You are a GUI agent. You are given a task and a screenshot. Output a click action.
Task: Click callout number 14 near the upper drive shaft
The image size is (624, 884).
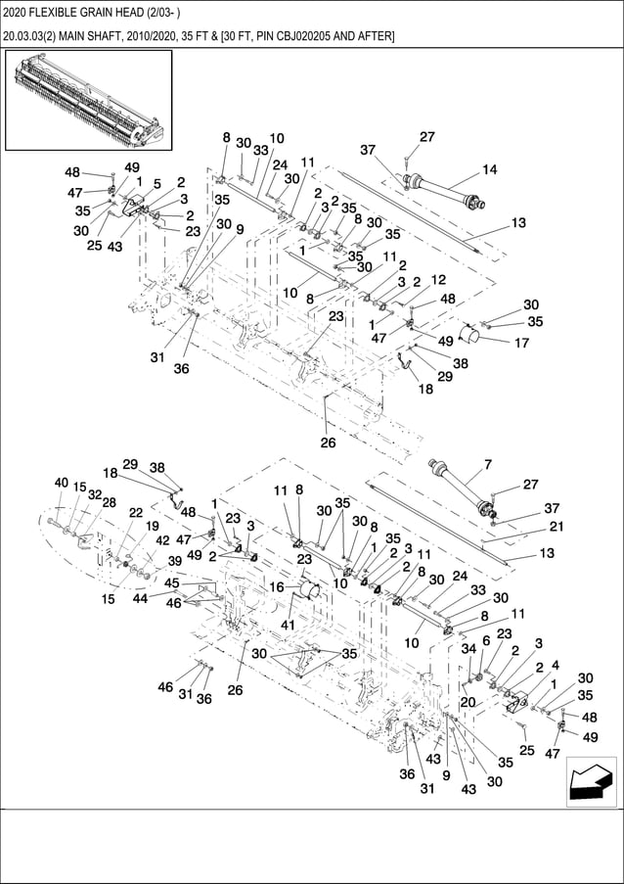(489, 169)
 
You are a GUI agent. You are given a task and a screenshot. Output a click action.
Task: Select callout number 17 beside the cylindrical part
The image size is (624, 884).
(521, 344)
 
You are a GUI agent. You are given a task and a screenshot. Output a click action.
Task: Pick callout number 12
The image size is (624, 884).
(438, 279)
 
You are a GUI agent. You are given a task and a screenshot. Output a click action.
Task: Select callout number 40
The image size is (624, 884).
(61, 483)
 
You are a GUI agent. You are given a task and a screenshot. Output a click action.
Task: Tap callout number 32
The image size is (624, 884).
(94, 495)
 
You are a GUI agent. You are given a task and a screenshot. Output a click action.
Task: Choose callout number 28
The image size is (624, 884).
(109, 502)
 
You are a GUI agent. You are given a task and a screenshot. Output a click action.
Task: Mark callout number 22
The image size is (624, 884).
(135, 512)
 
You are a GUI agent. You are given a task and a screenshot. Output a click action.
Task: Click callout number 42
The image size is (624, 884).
(162, 540)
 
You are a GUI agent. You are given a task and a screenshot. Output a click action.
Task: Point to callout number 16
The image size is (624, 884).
(277, 587)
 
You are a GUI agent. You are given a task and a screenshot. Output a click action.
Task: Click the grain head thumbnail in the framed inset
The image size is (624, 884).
(88, 100)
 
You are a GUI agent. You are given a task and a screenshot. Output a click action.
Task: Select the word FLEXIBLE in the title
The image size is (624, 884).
(65, 13)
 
